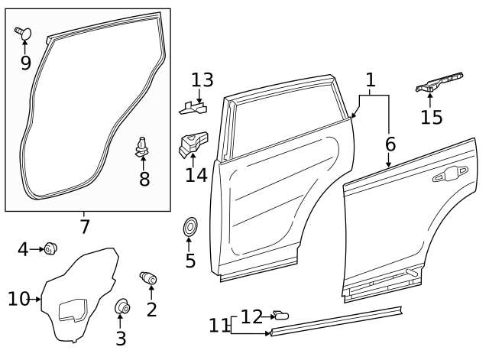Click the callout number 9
point(25,62)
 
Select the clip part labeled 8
point(142,145)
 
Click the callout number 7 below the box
point(85,226)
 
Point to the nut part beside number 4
point(52,248)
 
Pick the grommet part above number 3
point(121,307)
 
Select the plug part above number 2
point(147,277)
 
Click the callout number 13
point(202,79)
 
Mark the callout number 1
point(371,79)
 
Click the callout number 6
point(390,143)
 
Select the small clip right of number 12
point(281,315)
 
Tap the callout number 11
point(219,326)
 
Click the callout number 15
point(432,116)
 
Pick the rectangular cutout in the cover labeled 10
point(72,310)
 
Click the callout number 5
point(190,261)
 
